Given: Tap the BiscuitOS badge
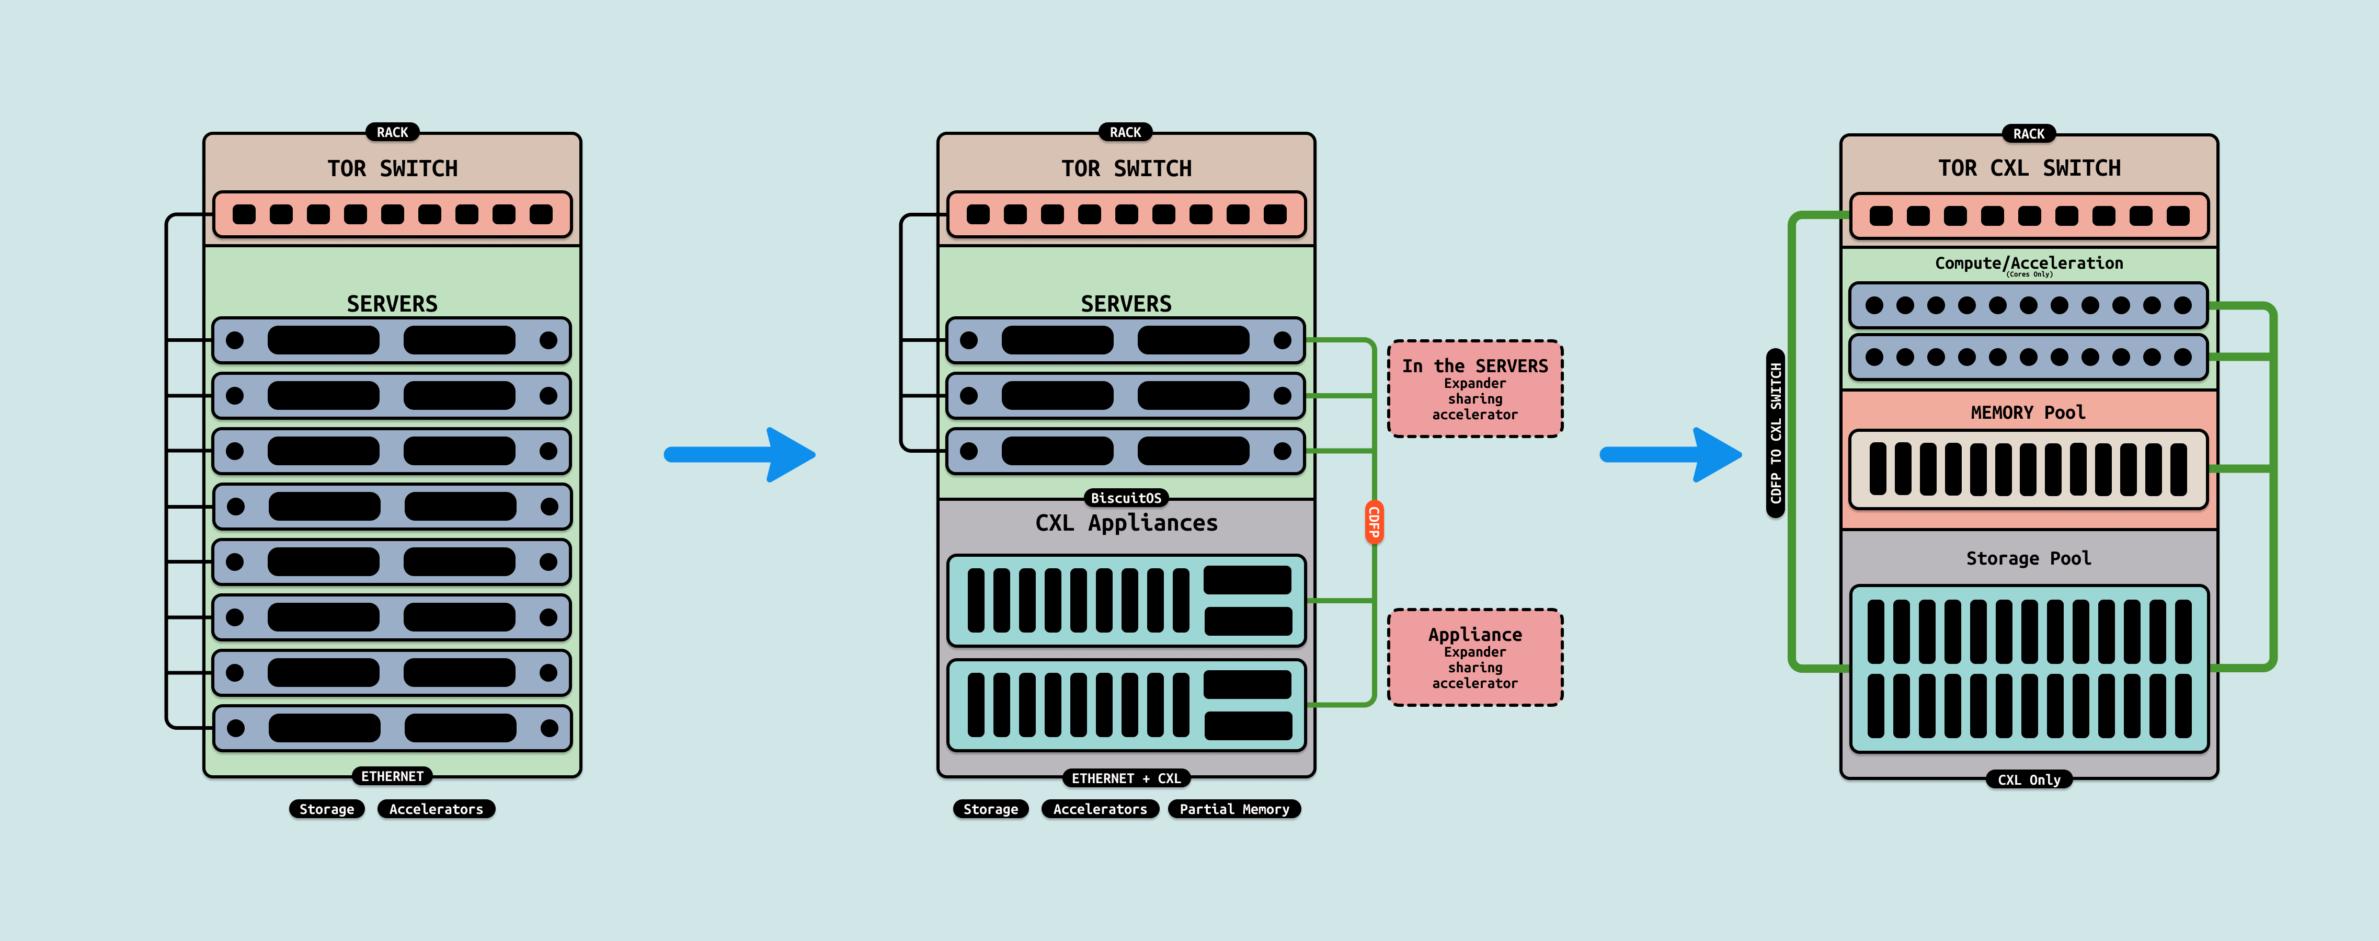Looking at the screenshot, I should tap(1126, 498).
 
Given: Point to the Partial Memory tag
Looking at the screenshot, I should tap(1234, 809).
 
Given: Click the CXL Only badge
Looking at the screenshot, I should tap(2029, 779).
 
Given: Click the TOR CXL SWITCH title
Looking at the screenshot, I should tap(2029, 168).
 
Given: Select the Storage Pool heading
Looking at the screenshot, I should tap(2028, 558).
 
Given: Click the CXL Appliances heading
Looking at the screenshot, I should tap(1126, 523).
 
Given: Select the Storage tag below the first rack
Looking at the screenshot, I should tap(327, 809).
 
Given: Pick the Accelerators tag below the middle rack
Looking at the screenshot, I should tap(1100, 809).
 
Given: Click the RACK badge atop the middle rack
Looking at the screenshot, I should tap(1125, 132).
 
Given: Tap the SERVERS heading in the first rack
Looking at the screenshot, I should tap(392, 304).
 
